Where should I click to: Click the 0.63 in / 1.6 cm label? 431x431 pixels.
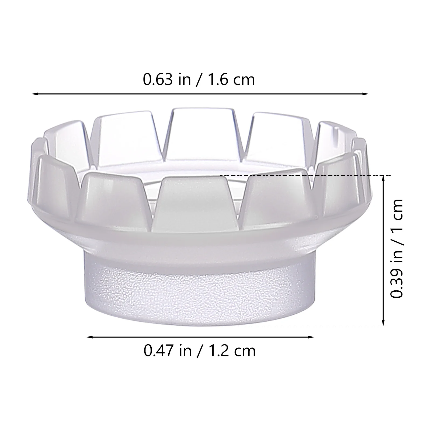coord(199,80)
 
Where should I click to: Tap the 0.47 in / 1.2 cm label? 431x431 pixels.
coord(200,351)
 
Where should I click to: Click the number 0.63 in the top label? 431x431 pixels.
coord(158,80)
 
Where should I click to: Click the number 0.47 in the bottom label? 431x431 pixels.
coord(158,351)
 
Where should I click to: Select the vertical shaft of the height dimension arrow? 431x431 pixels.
coord(383,251)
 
